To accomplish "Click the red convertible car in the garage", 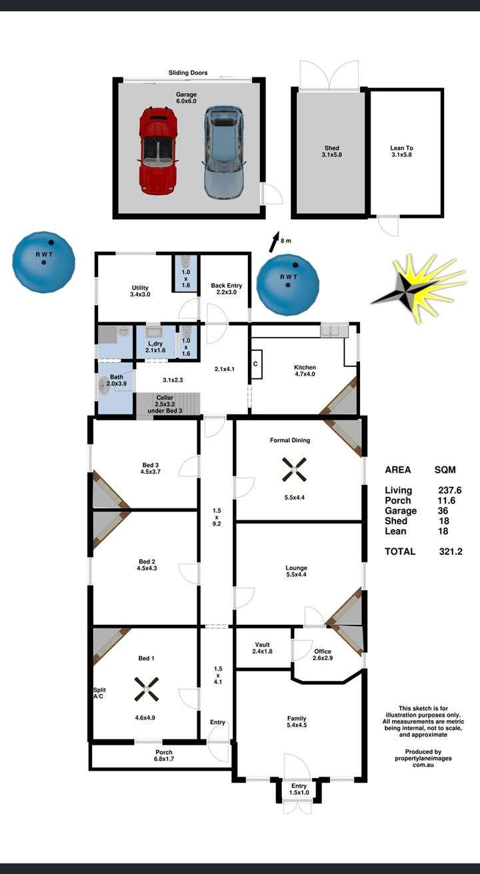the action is click(x=158, y=151).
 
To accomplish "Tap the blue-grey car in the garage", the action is click(x=224, y=153).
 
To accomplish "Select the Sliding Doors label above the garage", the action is click(x=188, y=73).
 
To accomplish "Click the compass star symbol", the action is click(x=419, y=288).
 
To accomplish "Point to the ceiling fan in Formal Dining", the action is click(x=294, y=469).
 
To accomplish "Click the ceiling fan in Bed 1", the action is click(x=147, y=689).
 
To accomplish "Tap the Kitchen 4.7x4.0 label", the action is click(x=305, y=370).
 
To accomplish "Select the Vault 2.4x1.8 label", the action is click(x=263, y=648).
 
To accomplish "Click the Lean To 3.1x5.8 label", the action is click(x=401, y=151).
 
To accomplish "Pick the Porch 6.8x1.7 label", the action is click(x=164, y=755).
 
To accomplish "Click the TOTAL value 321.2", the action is click(x=451, y=552).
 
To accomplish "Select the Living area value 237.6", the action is click(x=449, y=490).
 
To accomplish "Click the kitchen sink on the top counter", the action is click(x=334, y=330).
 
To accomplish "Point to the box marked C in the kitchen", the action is click(x=256, y=364).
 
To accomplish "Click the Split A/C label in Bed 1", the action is click(x=99, y=693).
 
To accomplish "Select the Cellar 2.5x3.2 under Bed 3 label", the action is click(x=165, y=404).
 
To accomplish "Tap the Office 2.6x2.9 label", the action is click(x=323, y=654).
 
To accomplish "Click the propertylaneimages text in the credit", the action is click(x=423, y=758).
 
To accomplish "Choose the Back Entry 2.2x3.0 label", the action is click(x=227, y=288).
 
